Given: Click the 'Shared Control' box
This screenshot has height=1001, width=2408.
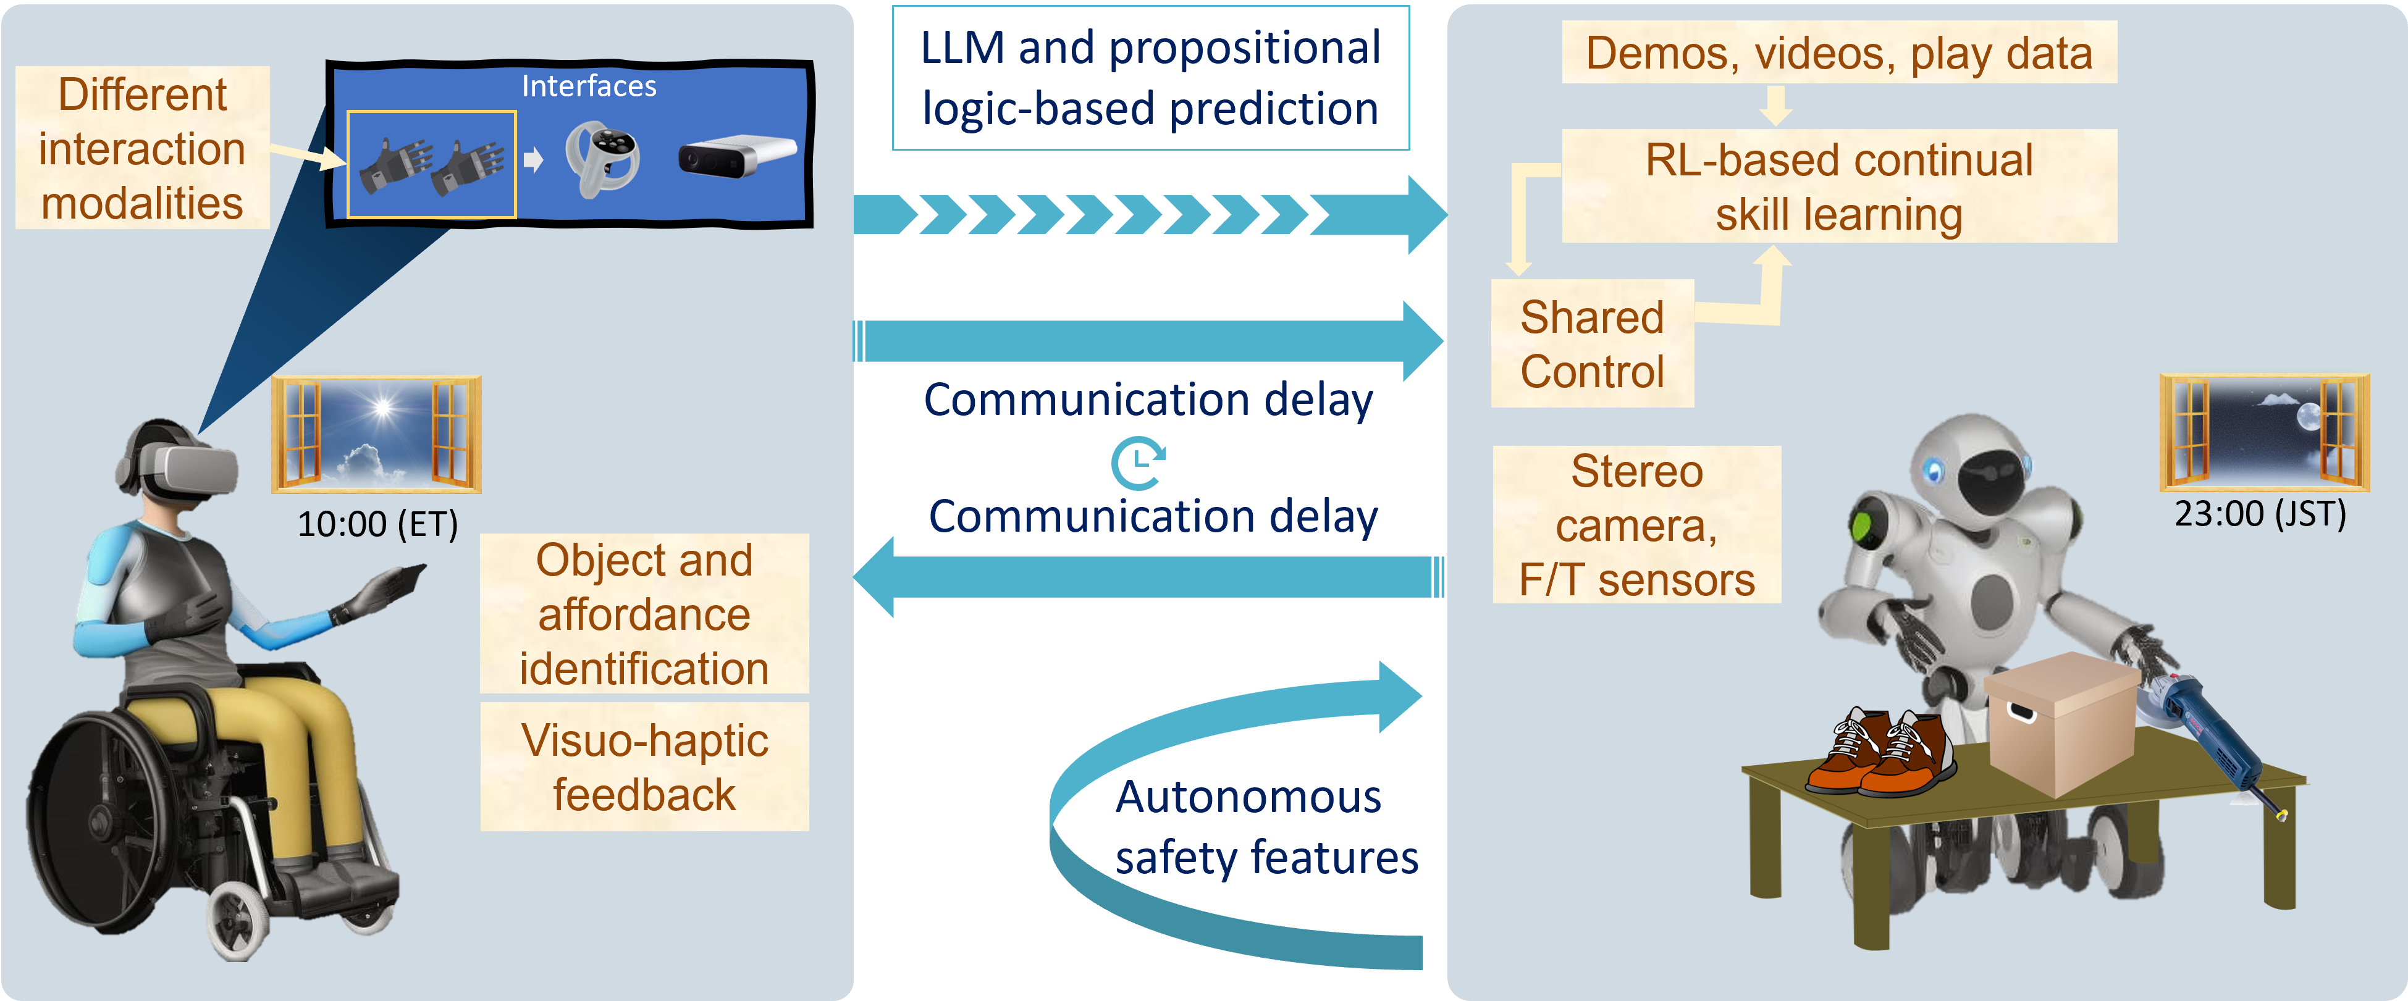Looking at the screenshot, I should (1592, 344).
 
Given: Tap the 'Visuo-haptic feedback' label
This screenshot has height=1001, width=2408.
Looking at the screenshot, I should (644, 766).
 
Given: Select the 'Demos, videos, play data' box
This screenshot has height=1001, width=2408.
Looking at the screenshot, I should (1838, 53).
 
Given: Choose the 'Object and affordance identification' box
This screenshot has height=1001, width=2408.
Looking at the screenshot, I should (644, 614).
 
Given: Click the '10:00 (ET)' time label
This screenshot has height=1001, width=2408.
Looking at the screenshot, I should (377, 524).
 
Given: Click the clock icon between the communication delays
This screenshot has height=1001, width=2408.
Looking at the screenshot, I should (1138, 462).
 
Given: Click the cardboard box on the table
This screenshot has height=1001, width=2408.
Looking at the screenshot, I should (2061, 724).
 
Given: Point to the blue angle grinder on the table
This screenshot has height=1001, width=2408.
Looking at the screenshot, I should (2215, 729).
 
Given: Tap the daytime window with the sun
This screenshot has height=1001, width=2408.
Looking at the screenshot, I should (377, 435).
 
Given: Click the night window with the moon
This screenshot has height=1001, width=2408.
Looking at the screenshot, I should (2264, 432).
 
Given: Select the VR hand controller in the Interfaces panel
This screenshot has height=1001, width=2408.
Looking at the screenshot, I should (603, 159).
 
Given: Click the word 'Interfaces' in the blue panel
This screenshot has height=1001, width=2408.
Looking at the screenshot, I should (589, 86).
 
